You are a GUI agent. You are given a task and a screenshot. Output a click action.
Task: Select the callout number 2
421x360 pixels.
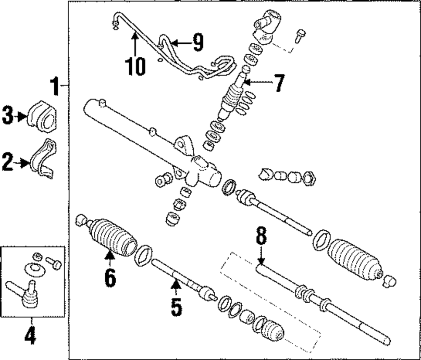click(x=8, y=162)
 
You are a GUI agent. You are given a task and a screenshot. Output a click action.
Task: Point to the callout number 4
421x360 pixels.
click(x=30, y=337)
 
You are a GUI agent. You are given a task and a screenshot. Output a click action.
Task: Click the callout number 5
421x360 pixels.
click(x=176, y=307)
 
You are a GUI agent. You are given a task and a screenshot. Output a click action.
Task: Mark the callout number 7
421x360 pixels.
click(x=278, y=83)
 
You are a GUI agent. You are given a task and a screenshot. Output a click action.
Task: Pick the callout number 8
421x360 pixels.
click(x=261, y=236)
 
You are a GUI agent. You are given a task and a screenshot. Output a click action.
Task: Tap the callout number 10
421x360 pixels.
click(x=135, y=66)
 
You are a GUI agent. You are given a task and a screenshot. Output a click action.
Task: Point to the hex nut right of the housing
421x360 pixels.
click(x=310, y=178)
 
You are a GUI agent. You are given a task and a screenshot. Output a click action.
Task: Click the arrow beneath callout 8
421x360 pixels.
click(x=261, y=257)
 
